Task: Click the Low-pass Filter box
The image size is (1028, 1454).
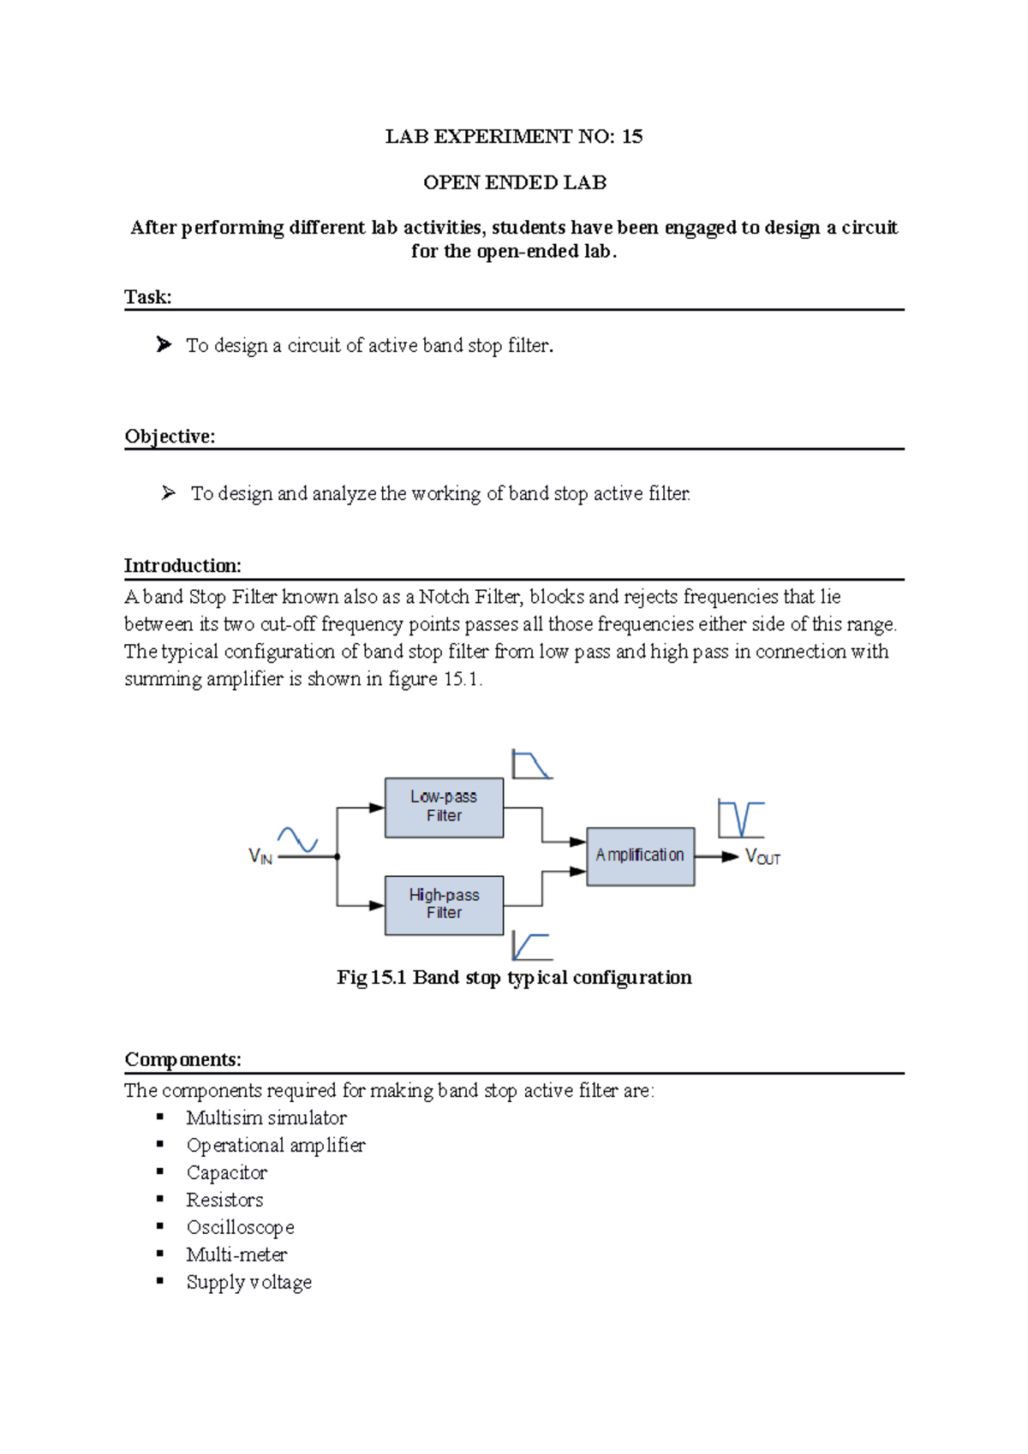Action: (444, 807)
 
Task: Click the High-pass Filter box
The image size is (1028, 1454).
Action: (444, 904)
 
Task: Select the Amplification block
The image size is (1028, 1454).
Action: (640, 855)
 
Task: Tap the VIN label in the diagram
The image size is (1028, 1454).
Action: (260, 856)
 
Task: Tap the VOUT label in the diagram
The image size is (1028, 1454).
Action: (762, 857)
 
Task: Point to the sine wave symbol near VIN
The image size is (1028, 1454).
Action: (297, 839)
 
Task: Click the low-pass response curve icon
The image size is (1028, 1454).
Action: (531, 764)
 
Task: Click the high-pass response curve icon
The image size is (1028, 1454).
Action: (531, 946)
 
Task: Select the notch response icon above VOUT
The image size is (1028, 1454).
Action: (740, 819)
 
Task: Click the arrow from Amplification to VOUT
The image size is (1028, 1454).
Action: (717, 856)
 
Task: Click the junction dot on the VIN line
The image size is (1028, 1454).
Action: (338, 856)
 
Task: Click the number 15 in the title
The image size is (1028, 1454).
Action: (632, 136)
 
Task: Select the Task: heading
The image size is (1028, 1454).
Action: (148, 297)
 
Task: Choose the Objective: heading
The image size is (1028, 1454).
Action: (170, 437)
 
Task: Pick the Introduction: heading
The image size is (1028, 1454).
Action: (182, 566)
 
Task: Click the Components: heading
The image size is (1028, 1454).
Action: (182, 1059)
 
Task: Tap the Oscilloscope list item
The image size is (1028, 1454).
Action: (241, 1227)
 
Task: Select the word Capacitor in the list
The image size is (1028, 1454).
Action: (227, 1172)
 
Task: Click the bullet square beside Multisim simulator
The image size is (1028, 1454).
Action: (160, 1117)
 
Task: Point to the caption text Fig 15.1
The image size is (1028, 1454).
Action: (371, 978)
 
